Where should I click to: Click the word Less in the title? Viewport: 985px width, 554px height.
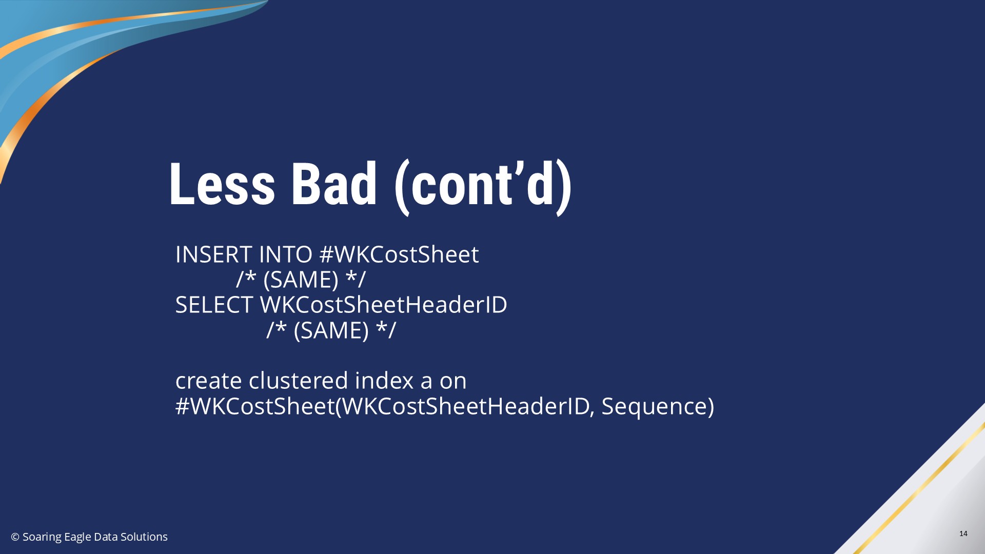click(x=222, y=185)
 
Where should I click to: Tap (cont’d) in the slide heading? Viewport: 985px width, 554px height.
click(x=483, y=187)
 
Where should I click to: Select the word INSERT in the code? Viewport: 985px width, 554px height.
click(x=214, y=254)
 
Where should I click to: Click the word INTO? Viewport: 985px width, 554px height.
click(x=286, y=254)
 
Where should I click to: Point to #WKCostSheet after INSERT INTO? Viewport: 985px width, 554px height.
click(x=399, y=254)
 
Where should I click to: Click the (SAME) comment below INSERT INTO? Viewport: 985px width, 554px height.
click(x=301, y=280)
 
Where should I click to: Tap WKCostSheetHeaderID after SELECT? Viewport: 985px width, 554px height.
click(x=384, y=305)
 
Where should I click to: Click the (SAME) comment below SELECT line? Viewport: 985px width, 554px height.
click(x=331, y=330)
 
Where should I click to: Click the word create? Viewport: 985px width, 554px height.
click(x=209, y=381)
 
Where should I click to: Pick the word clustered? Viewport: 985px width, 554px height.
click(x=299, y=381)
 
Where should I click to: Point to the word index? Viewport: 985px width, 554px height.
click(x=384, y=381)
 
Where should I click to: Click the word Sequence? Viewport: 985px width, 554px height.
click(x=658, y=407)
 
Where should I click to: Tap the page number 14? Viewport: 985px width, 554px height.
click(x=963, y=533)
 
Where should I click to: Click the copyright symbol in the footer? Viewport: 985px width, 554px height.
click(x=15, y=537)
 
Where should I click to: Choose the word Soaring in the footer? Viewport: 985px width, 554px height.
click(x=42, y=537)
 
